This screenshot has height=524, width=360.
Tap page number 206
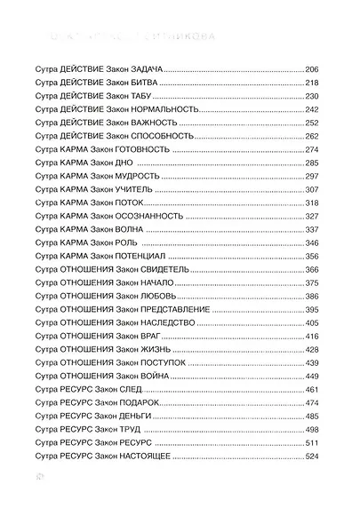click(x=310, y=68)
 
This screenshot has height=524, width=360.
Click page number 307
click(x=310, y=187)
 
